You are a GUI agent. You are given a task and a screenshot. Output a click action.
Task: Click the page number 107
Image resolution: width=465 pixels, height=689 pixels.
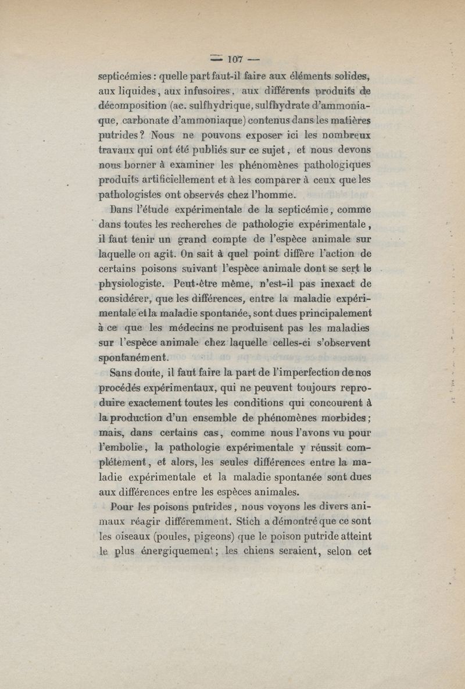click(235, 59)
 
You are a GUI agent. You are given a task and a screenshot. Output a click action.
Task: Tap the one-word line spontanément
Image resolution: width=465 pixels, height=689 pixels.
click(133, 358)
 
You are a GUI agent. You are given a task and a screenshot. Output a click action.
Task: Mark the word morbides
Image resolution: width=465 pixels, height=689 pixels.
click(342, 418)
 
